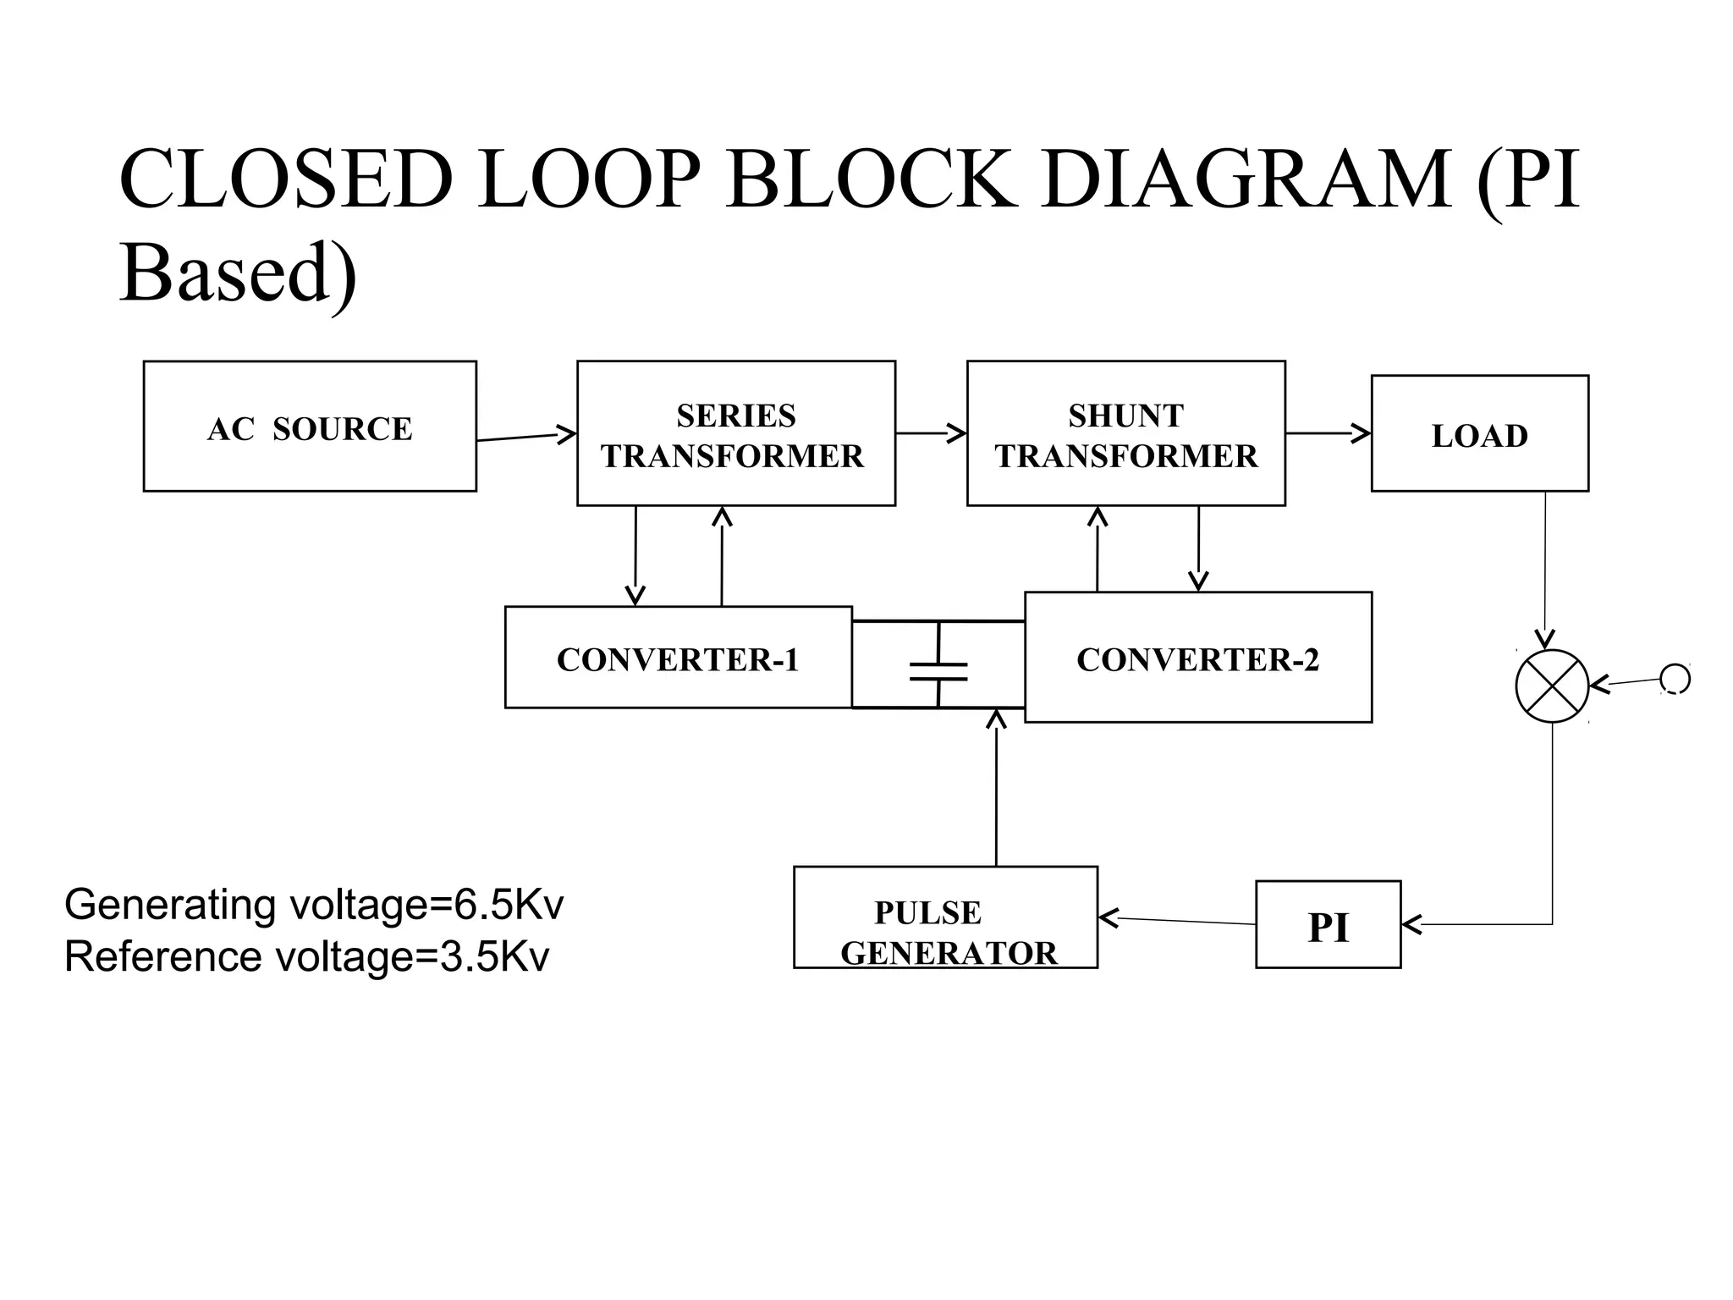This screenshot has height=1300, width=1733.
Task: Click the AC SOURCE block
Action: tap(310, 427)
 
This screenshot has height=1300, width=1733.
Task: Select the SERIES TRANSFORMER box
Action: tap(735, 433)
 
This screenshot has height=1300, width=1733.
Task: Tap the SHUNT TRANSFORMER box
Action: tap(1125, 433)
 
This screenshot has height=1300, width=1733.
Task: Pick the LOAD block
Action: tap(1479, 433)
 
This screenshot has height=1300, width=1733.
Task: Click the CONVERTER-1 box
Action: tap(678, 658)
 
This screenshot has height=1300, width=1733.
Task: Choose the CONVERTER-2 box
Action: tap(1197, 658)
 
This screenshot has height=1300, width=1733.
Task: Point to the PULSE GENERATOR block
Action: tap(945, 917)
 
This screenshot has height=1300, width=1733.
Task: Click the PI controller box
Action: tap(1328, 925)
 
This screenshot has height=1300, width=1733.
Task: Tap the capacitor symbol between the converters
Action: tap(938, 670)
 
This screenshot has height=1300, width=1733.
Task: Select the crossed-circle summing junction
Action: tap(1552, 686)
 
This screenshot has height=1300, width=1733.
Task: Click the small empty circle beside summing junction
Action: tap(1675, 679)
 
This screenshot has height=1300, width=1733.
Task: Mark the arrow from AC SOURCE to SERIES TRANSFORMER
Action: tap(526, 437)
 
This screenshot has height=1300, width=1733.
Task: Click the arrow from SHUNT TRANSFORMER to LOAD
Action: tap(1328, 433)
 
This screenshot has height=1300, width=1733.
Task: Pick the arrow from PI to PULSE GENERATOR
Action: tap(1176, 921)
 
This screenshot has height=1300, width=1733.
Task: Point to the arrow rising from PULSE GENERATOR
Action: tap(997, 787)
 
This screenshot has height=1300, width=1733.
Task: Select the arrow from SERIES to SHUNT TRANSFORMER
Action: tap(931, 433)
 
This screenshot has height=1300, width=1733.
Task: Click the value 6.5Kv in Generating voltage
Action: tap(509, 905)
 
